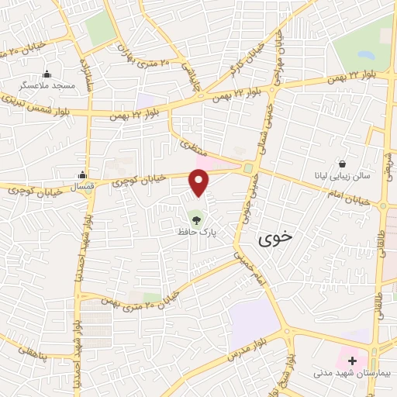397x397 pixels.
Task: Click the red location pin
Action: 200,181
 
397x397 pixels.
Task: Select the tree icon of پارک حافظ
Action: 195,217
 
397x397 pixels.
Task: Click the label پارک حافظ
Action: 195,231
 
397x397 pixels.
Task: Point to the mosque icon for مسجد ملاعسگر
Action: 47,74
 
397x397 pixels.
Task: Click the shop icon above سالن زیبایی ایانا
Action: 343,163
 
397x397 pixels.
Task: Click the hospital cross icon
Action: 352,361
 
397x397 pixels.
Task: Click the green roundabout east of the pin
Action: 248,168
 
